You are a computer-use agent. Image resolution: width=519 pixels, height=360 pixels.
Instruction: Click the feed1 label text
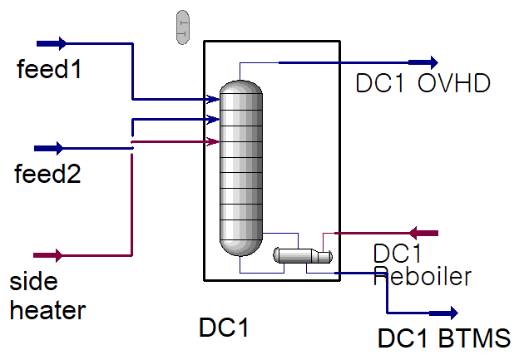point(49,70)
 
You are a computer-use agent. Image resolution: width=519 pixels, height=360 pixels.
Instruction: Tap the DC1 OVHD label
point(423,84)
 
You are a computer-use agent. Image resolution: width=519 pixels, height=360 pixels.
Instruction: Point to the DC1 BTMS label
point(444,339)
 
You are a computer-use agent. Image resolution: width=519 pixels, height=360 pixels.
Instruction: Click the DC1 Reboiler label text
point(422,265)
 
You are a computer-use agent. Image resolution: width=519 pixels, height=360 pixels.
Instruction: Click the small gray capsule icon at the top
point(183,27)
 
